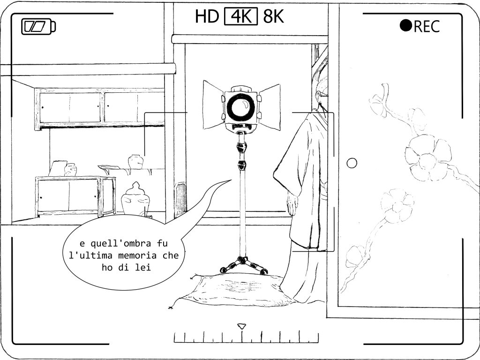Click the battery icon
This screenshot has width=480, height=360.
(38, 26)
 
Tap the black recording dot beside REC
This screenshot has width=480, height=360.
(406, 26)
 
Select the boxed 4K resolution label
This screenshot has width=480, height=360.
(241, 16)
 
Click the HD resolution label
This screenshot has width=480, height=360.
(207, 16)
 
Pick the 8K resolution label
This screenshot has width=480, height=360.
(273, 16)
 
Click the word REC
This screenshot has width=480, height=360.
(427, 26)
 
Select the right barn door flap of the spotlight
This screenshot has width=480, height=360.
(270, 106)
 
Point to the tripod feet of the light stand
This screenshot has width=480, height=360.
(244, 265)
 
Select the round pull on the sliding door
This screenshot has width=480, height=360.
(352, 163)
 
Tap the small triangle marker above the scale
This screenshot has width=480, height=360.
(242, 326)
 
